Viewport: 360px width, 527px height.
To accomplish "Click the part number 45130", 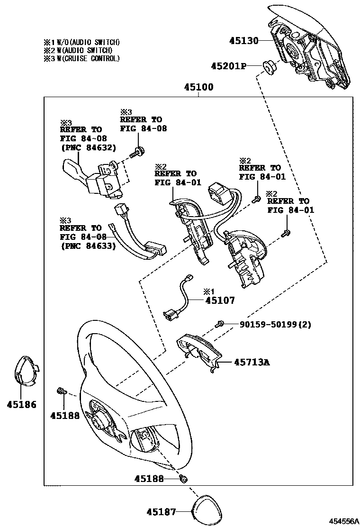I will coord(244,41).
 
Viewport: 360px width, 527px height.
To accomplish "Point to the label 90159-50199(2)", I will coord(275,325).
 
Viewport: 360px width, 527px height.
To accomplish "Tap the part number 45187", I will coord(161,512).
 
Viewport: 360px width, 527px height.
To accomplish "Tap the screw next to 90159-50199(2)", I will coord(220,324).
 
